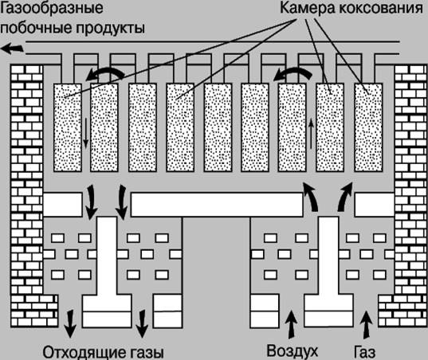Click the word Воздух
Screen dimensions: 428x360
292,351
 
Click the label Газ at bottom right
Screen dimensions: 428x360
364,352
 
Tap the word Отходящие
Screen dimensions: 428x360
77,353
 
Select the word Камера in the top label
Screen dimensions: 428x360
308,8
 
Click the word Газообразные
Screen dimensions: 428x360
52,8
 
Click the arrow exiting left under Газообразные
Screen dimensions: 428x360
12,49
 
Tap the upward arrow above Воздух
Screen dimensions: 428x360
292,324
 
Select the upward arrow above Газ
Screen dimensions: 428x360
367,324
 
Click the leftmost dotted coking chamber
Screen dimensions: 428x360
68,127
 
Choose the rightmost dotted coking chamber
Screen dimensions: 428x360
368,127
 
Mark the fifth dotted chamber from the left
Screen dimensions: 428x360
218,127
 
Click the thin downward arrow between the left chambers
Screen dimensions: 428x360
86,133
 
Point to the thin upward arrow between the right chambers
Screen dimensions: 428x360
311,135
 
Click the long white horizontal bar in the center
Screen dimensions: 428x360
217,205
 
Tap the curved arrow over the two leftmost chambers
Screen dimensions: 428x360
105,72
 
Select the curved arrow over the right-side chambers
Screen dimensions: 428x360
293,72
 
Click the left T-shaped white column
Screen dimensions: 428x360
107,272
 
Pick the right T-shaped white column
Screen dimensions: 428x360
329,272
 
